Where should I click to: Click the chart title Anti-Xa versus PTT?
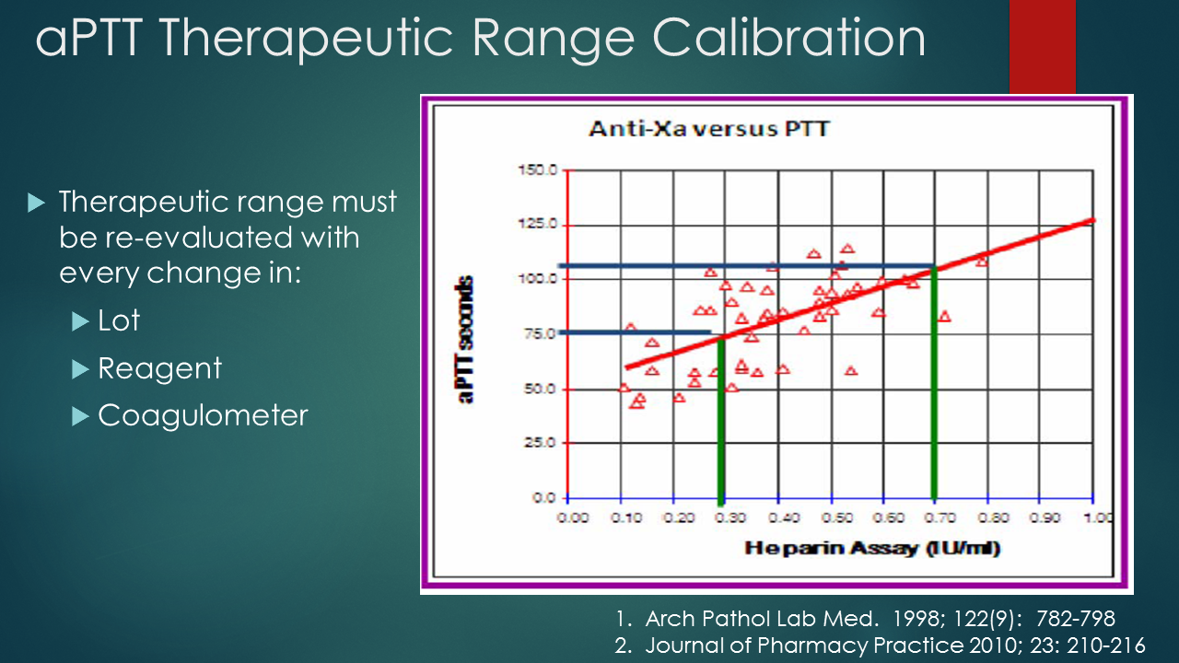[x=708, y=128]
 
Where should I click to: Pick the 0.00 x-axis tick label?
[x=573, y=518]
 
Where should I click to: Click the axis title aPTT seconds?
[x=467, y=341]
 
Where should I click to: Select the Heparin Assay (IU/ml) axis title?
[x=872, y=549]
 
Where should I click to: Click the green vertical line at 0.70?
[x=934, y=387]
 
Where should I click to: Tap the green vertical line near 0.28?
[x=721, y=424]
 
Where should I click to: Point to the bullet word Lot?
[x=119, y=320]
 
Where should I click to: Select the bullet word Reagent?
[x=159, y=368]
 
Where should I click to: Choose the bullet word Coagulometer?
[x=203, y=415]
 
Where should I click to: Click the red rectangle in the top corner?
[x=1042, y=46]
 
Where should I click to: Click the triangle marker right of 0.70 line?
[x=943, y=316]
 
